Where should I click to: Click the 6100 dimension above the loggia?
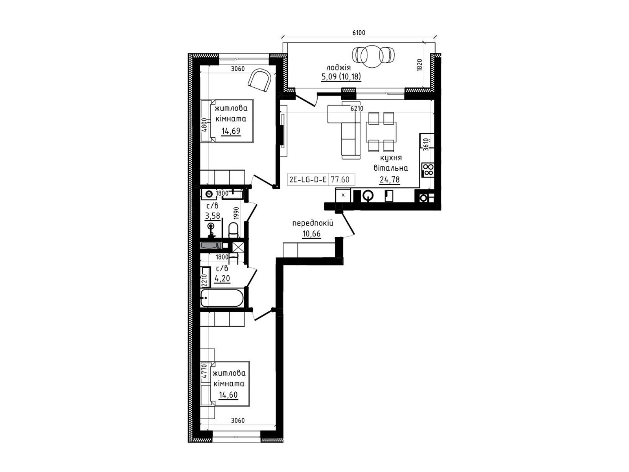coord(359,33)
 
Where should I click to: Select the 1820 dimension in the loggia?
coord(420,65)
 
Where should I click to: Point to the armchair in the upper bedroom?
coord(259,80)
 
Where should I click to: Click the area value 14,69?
coord(231,131)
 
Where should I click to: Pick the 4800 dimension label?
coord(204,125)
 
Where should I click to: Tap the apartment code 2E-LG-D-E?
coord(308,180)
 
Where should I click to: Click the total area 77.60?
coord(340,180)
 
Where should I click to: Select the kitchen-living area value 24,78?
coord(390,180)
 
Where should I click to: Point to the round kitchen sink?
coord(368,196)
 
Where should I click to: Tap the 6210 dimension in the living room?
coord(357,109)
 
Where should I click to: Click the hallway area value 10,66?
coord(311,234)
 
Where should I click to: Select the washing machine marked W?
coord(209,194)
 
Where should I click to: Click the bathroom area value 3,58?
coord(213,216)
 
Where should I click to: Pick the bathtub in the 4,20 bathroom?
coord(222,298)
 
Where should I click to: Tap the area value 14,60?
coord(228,395)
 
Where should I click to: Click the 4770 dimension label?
coord(204,371)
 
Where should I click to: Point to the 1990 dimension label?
coord(236,214)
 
